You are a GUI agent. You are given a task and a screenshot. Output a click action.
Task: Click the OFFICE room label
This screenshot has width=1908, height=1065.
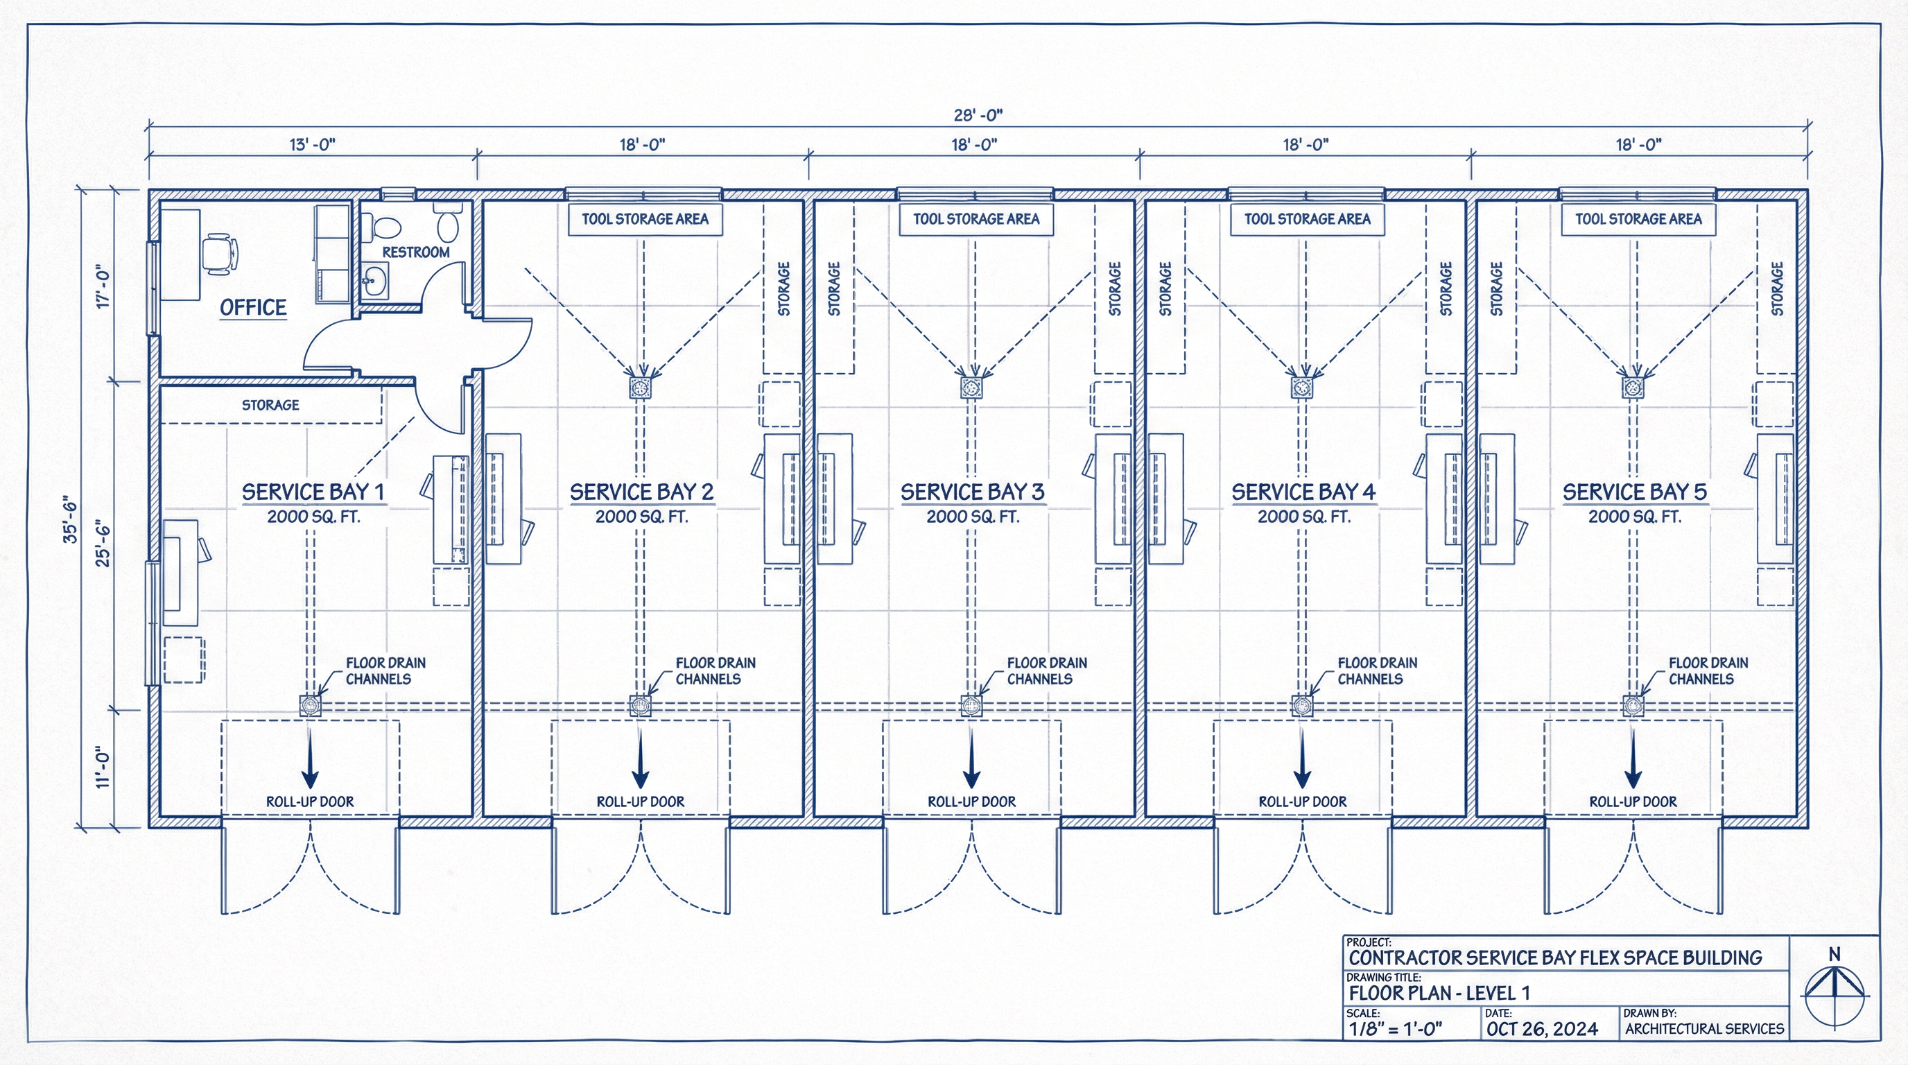[252, 307]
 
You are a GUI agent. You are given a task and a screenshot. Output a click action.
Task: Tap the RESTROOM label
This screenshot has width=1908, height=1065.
[415, 252]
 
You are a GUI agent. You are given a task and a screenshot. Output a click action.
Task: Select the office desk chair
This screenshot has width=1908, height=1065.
[220, 254]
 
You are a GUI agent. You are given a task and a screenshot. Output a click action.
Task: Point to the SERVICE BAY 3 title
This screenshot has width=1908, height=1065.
[972, 492]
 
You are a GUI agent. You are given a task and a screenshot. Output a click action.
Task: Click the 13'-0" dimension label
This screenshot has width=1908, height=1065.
[312, 144]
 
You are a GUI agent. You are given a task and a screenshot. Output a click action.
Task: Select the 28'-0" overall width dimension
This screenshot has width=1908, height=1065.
[978, 115]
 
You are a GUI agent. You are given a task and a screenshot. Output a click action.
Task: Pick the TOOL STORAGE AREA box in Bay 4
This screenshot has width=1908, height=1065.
[1308, 219]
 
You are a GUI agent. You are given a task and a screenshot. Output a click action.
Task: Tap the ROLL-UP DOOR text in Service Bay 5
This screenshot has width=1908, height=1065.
[1633, 802]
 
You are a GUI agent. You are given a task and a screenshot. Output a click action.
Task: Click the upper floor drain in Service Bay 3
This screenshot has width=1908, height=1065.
[971, 387]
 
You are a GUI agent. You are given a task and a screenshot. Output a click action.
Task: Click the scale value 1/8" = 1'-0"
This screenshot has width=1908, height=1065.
[1396, 1029]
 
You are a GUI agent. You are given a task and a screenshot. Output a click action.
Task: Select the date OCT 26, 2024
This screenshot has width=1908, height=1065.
[1542, 1029]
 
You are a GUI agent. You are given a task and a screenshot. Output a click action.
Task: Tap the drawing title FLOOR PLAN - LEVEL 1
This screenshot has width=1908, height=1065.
[1439, 993]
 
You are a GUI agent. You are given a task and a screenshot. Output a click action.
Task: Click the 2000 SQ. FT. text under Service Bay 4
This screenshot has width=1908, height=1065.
[1303, 517]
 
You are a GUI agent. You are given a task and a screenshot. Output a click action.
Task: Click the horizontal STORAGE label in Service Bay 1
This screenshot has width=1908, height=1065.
[270, 405]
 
